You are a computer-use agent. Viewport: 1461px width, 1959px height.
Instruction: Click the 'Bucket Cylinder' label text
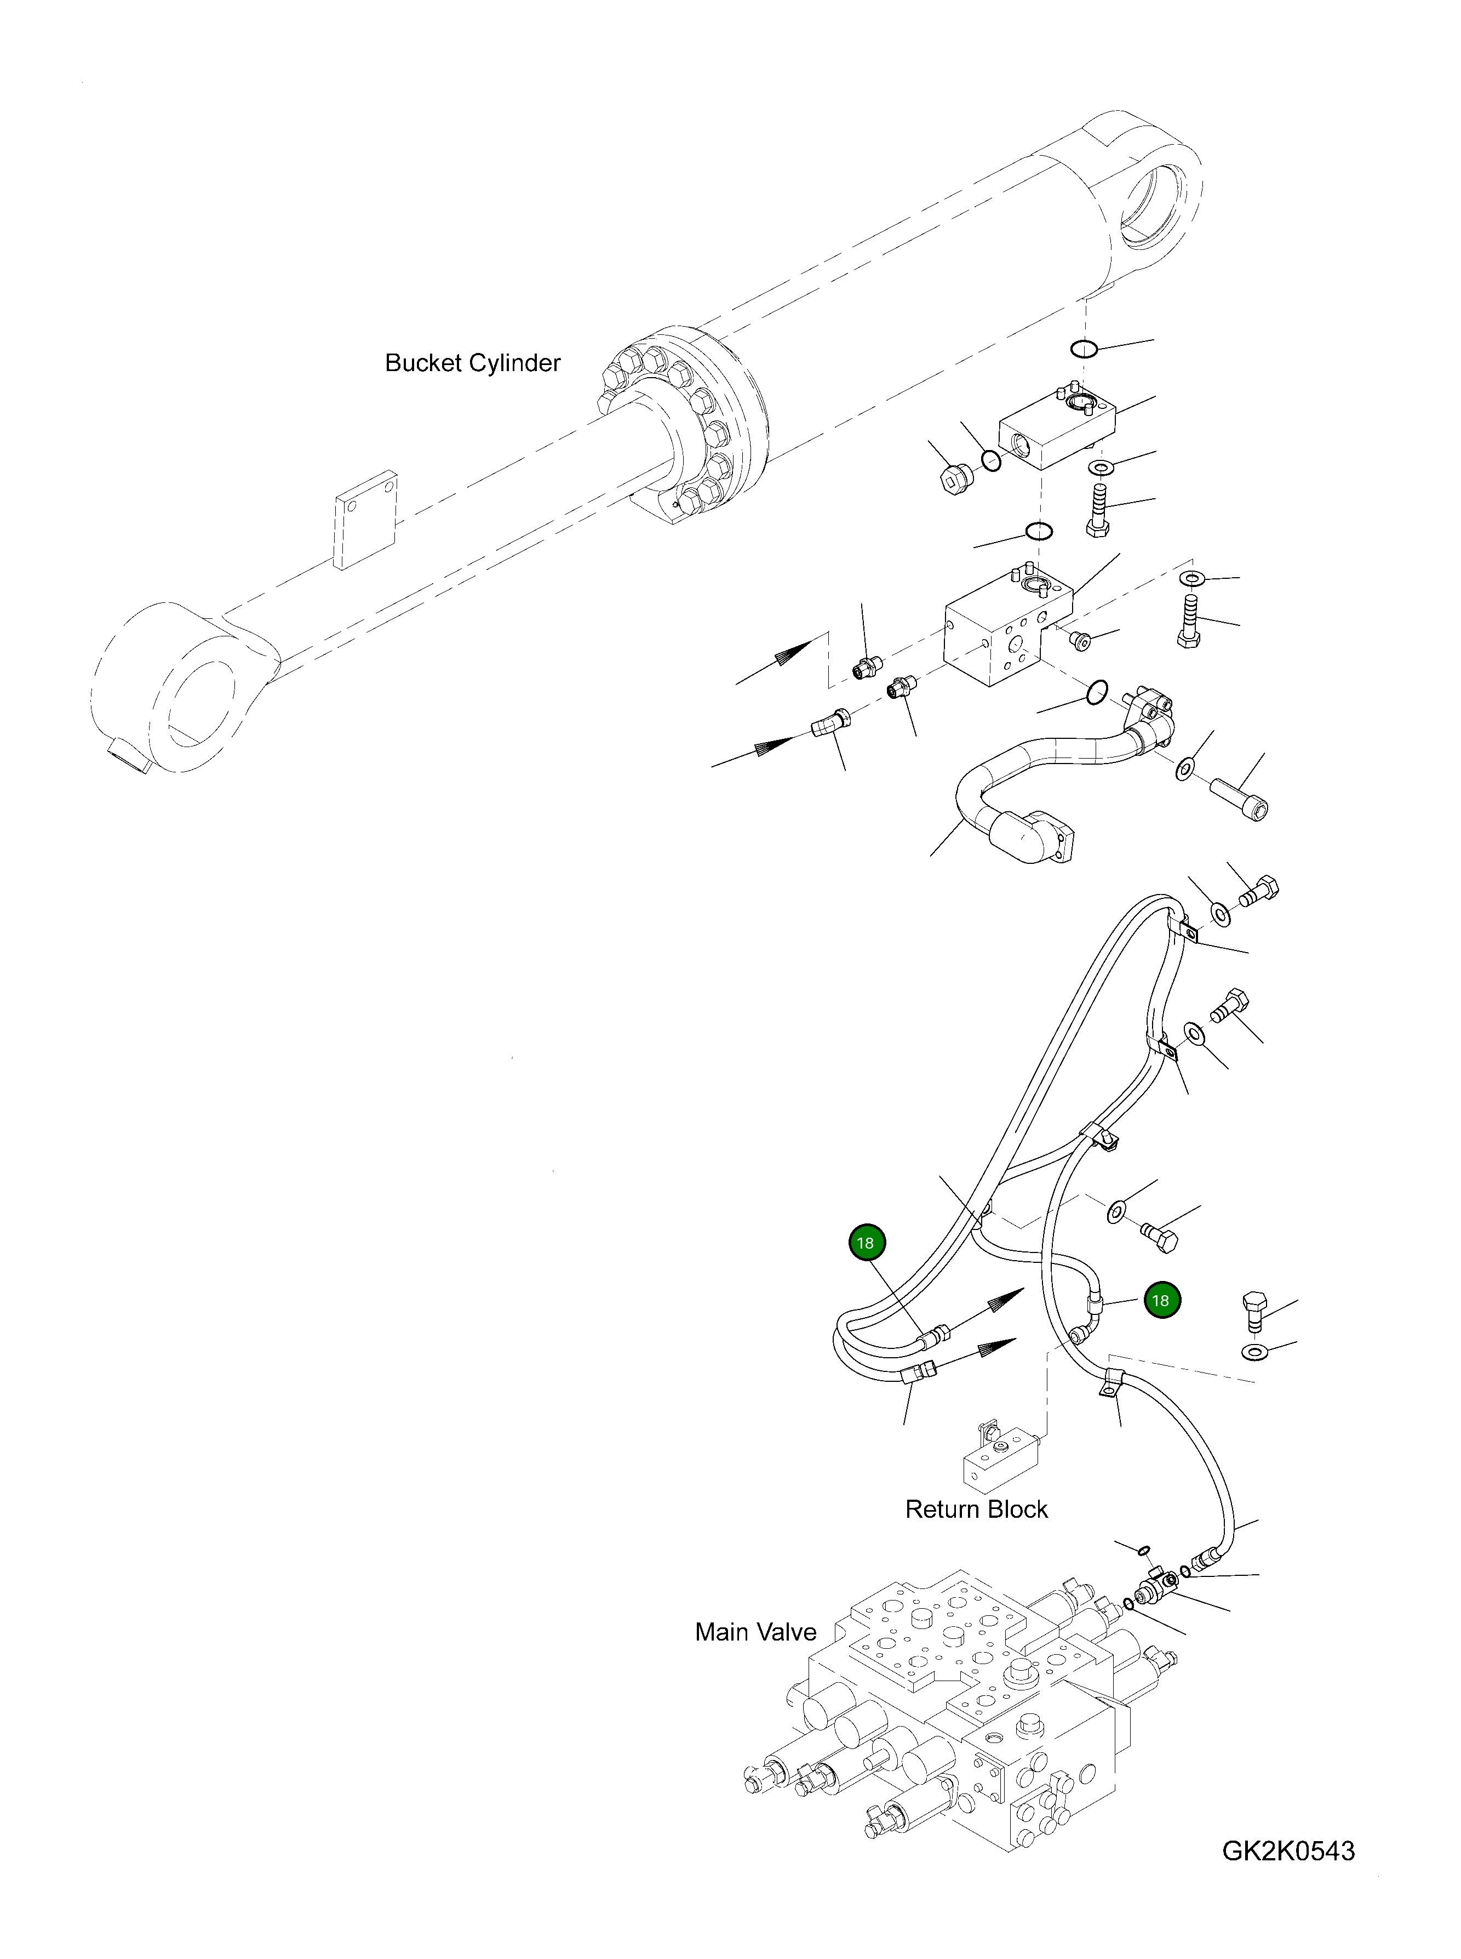[x=472, y=363]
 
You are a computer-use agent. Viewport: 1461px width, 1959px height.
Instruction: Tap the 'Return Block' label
[x=976, y=1508]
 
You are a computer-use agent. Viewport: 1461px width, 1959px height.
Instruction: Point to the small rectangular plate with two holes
[x=364, y=520]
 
